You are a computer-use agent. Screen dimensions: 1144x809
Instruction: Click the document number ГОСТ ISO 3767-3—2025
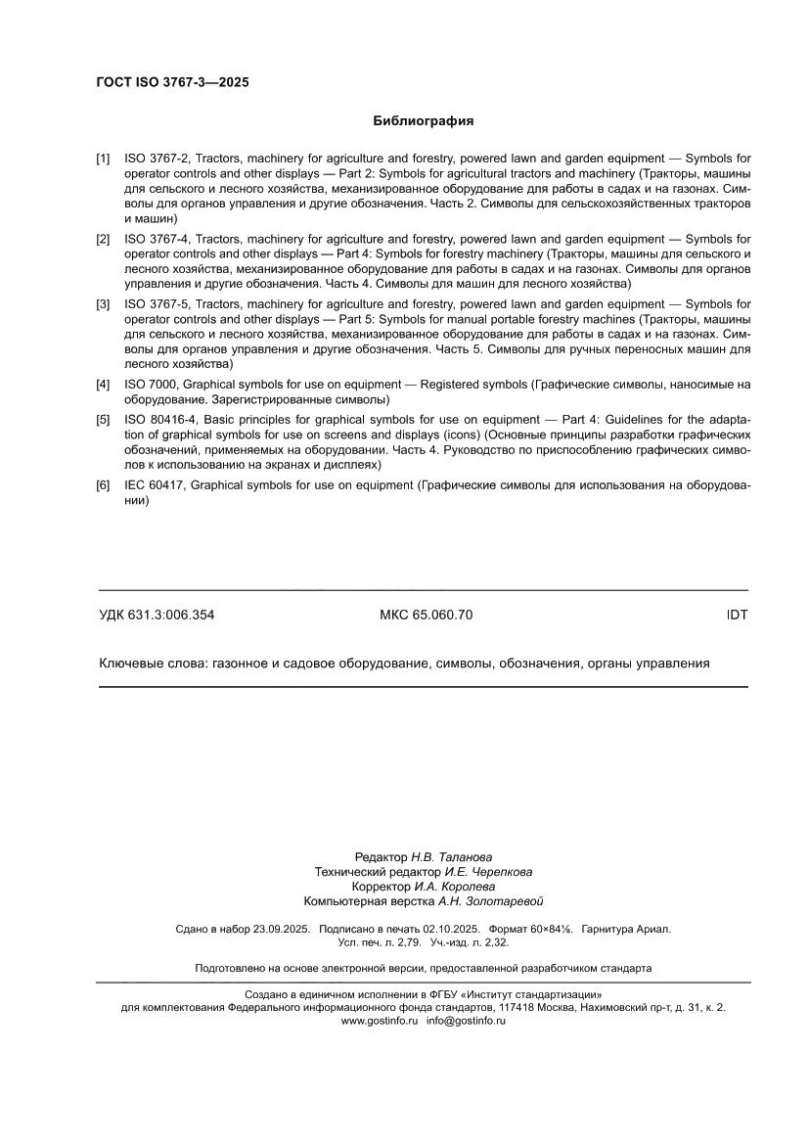(x=172, y=83)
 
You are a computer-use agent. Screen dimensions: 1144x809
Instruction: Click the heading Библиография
(x=424, y=121)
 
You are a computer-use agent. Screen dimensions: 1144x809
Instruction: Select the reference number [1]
(x=103, y=158)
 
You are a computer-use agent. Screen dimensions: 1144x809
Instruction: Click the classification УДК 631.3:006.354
(x=157, y=616)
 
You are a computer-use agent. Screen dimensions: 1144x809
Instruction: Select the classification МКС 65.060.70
(x=426, y=616)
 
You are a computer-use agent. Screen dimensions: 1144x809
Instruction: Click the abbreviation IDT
(x=737, y=616)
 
